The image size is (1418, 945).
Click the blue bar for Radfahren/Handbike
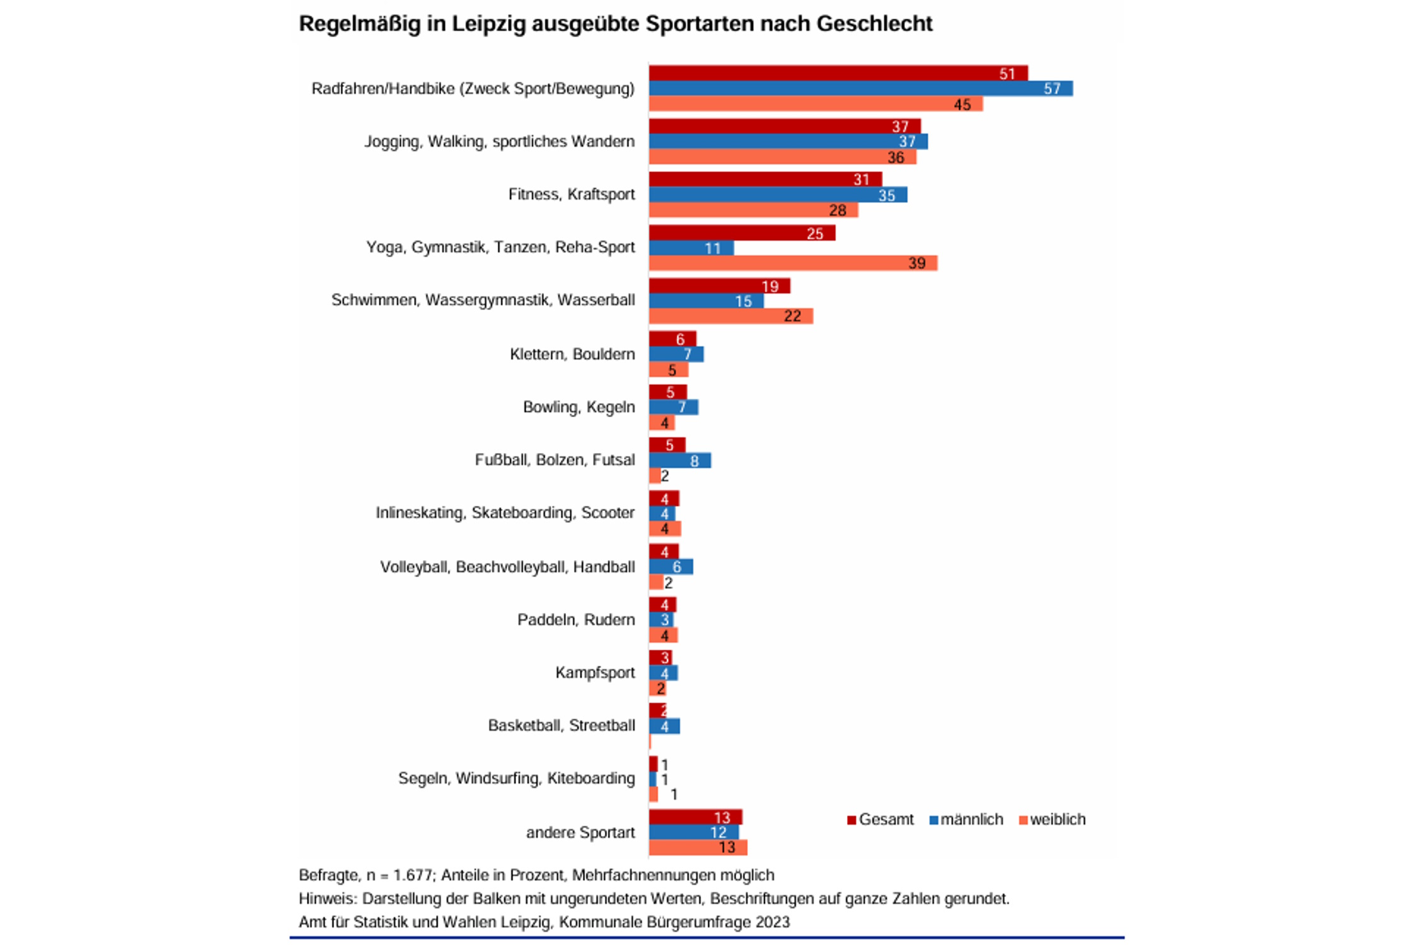[x=860, y=89]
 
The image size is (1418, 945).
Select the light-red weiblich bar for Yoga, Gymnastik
[x=792, y=263]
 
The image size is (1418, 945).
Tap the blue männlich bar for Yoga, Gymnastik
[x=691, y=248]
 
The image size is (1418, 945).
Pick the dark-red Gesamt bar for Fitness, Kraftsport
[x=764, y=180]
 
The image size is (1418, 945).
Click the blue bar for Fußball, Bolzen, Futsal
[x=679, y=461]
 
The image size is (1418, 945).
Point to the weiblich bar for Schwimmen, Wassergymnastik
[x=730, y=316]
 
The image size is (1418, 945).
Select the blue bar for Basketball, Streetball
[x=664, y=726]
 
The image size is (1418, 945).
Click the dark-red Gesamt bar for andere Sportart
[x=695, y=817]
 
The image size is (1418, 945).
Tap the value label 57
[x=1052, y=89]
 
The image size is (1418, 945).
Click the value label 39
[x=916, y=263]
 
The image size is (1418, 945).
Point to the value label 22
[x=792, y=316]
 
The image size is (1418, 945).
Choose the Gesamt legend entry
[x=880, y=820]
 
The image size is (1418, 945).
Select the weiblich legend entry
[x=1052, y=820]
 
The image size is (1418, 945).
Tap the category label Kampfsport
[x=595, y=673]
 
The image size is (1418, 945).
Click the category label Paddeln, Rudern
[x=576, y=620]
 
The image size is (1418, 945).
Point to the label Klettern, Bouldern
[x=572, y=354]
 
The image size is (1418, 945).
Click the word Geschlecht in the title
[x=874, y=24]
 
